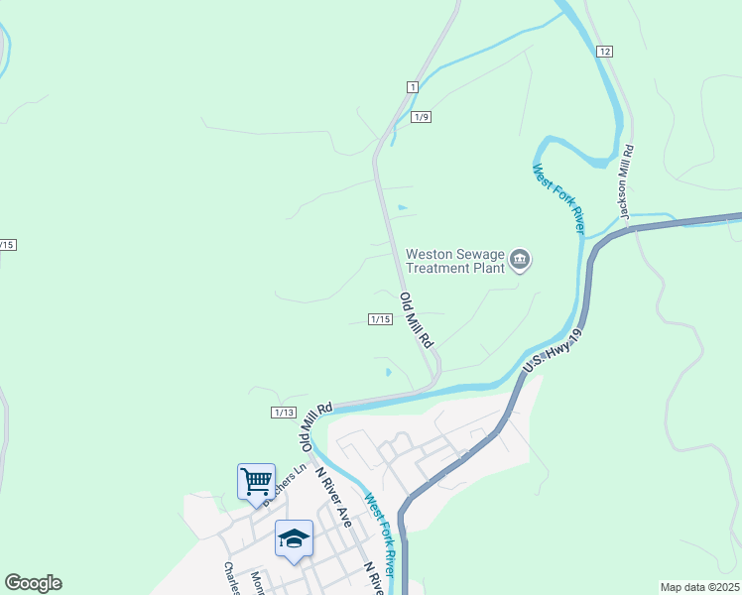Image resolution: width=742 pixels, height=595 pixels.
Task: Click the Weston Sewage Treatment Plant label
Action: [x=456, y=260]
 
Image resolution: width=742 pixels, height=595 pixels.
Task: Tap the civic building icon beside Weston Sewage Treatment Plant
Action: [x=520, y=261]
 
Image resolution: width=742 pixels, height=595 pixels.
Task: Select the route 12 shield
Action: [x=605, y=51]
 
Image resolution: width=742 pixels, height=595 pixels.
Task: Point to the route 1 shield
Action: [x=412, y=87]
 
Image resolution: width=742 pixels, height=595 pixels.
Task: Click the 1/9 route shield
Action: [x=422, y=117]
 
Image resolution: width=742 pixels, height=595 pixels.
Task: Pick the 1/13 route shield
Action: [x=284, y=413]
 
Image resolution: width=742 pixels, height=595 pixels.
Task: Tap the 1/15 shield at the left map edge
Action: [x=8, y=244]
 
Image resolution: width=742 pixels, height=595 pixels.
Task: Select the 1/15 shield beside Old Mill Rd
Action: [x=381, y=319]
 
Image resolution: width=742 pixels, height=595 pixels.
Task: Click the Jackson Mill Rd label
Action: [x=625, y=183]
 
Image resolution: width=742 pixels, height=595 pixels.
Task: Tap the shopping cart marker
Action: [x=256, y=482]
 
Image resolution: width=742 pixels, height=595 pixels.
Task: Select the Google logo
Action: [x=33, y=583]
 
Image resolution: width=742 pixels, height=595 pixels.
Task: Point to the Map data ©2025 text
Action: [x=698, y=587]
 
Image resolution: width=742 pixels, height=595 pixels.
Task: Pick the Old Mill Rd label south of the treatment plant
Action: [x=418, y=319]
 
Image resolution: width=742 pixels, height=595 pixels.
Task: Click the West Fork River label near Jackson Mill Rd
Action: [x=557, y=198]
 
